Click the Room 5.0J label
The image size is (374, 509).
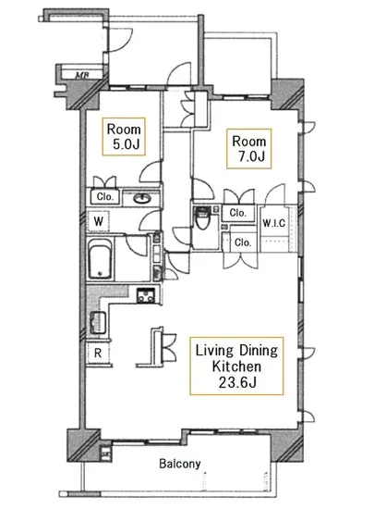click(124, 137)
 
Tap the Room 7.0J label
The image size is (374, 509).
click(248, 149)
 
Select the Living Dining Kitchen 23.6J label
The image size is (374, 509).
click(236, 366)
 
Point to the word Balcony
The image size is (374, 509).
click(180, 464)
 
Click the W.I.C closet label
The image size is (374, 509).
click(274, 223)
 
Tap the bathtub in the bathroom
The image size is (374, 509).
click(100, 259)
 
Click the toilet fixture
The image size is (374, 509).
click(202, 217)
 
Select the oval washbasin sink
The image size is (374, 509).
click(141, 198)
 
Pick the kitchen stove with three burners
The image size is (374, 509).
click(145, 295)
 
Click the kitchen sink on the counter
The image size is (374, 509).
click(98, 322)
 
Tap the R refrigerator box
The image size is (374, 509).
click(98, 353)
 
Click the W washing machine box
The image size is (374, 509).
click(98, 221)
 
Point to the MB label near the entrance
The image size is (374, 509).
click(82, 76)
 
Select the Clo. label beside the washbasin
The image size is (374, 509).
click(105, 197)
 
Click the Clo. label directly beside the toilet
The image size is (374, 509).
click(237, 213)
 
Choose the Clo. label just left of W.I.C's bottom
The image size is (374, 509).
click(243, 242)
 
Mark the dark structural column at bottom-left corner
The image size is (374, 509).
click(83, 445)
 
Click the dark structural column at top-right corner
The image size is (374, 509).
click(287, 94)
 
